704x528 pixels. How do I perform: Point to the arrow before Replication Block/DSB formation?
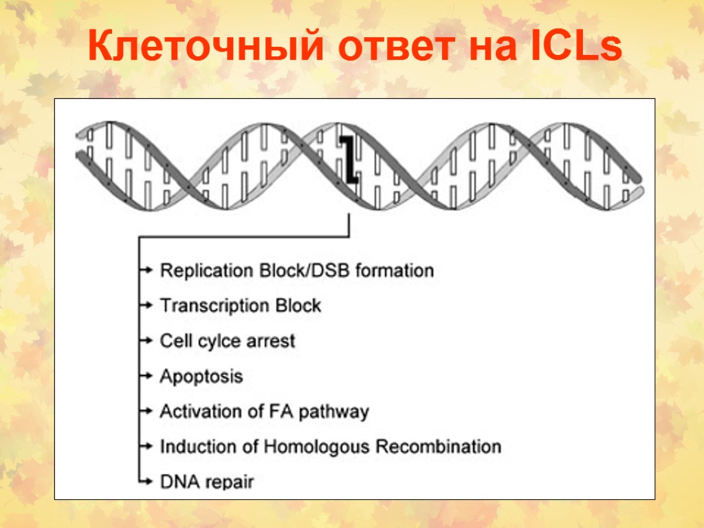(145, 270)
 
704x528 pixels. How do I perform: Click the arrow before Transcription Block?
(145, 305)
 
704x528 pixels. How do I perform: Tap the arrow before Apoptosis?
(145, 376)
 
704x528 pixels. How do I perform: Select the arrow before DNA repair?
(145, 481)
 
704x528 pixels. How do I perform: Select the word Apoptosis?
(201, 377)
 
